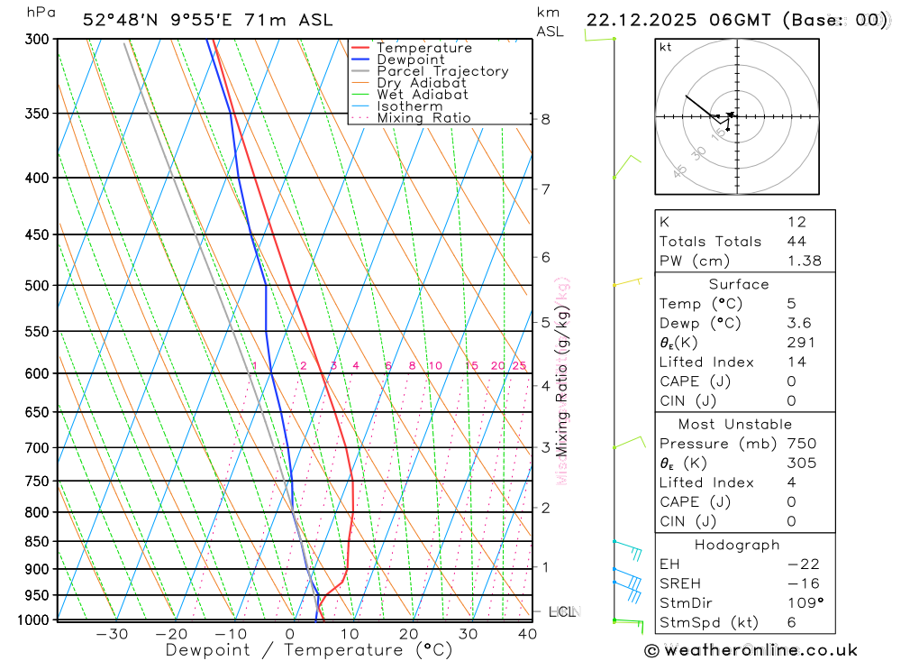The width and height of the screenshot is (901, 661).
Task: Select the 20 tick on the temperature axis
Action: (x=409, y=634)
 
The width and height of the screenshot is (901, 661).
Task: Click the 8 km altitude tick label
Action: (x=546, y=119)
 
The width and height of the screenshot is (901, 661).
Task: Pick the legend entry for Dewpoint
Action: (x=410, y=60)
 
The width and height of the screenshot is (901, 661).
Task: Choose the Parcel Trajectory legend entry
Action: (x=442, y=71)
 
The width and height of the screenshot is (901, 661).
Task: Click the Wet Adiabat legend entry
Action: (x=423, y=95)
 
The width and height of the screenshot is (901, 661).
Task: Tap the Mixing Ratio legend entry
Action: (x=423, y=118)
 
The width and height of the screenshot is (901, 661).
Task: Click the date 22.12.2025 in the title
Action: (x=638, y=20)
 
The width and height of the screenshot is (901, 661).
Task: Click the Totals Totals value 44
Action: (x=796, y=242)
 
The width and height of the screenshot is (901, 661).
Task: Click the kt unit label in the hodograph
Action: (x=666, y=47)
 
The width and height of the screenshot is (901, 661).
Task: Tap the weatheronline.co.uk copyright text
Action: (x=751, y=650)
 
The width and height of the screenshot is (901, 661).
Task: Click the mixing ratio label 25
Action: (x=519, y=365)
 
